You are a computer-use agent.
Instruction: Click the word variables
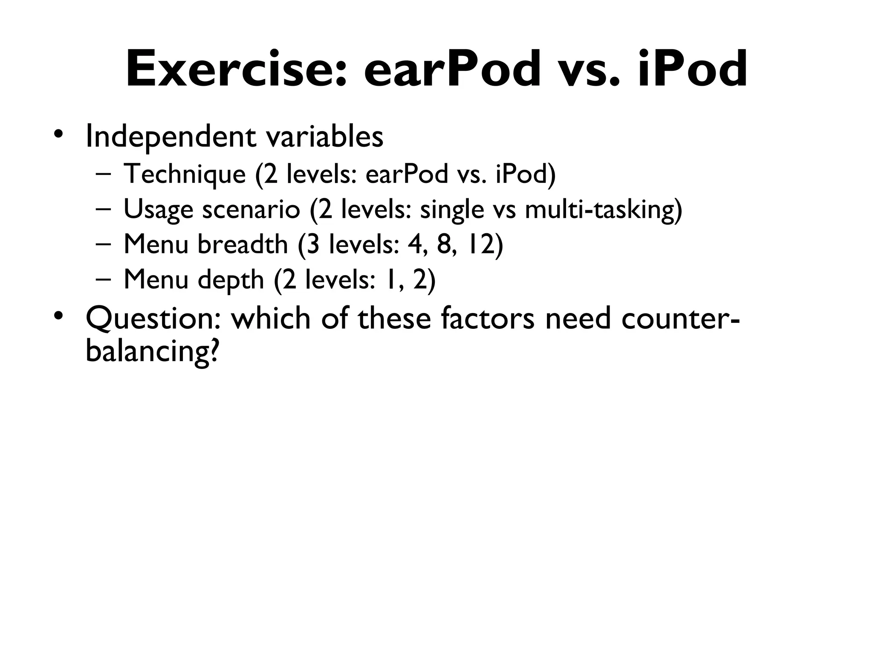tap(324, 137)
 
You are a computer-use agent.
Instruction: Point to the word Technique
tap(185, 174)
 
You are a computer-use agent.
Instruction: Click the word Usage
tap(158, 210)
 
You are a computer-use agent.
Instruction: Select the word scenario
tap(251, 210)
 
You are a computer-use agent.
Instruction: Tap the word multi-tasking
tap(603, 210)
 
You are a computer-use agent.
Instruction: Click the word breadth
tap(243, 245)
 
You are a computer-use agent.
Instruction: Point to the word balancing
tap(151, 352)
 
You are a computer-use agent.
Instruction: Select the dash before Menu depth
tap(103, 279)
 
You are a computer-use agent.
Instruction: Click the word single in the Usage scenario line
tap(452, 210)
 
